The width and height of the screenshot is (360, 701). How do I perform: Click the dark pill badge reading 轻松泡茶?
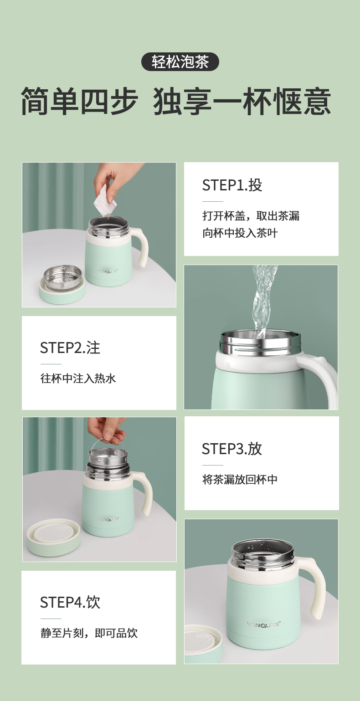pyautogui.click(x=180, y=61)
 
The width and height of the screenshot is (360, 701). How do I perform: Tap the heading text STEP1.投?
pyautogui.click(x=232, y=185)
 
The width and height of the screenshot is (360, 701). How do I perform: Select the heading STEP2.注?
pyautogui.click(x=70, y=348)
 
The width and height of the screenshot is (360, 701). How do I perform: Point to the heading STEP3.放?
pyautogui.click(x=231, y=449)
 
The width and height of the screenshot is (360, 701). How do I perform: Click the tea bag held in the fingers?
pyautogui.click(x=105, y=201)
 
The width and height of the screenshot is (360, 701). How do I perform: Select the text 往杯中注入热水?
pyautogui.click(x=78, y=379)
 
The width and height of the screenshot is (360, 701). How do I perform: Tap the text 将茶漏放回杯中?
pyautogui.click(x=240, y=479)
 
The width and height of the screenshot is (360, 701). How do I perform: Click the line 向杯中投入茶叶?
pyautogui.click(x=240, y=233)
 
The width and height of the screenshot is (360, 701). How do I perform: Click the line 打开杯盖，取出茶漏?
pyautogui.click(x=251, y=215)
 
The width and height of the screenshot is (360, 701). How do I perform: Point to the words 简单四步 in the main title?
pyautogui.click(x=79, y=101)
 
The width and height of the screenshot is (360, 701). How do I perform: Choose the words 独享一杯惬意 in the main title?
pyautogui.click(x=242, y=101)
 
